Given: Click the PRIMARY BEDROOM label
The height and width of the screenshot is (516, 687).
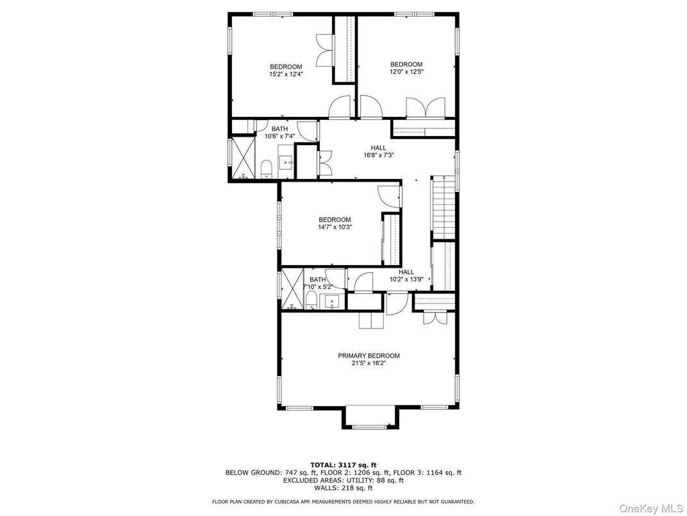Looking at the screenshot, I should (x=368, y=356).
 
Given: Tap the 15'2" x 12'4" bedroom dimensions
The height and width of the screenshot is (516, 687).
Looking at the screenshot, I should (x=286, y=74).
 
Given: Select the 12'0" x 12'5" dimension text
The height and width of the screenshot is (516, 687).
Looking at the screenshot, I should (x=407, y=72).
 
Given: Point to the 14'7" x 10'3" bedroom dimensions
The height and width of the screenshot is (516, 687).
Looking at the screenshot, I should (x=335, y=227).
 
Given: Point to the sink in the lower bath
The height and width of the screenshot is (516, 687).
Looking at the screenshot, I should (x=332, y=301).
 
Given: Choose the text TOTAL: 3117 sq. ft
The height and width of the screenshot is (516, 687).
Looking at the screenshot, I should (x=343, y=465).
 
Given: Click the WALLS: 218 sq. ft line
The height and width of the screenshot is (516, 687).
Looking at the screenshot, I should (x=343, y=488).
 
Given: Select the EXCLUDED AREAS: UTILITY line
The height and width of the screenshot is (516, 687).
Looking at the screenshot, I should (x=343, y=480).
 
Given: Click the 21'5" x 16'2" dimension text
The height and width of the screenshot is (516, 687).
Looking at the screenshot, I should (x=368, y=363).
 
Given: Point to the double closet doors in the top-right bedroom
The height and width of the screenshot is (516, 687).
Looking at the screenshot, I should (x=426, y=107).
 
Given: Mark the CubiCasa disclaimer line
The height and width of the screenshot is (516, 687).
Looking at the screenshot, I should (x=343, y=501).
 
